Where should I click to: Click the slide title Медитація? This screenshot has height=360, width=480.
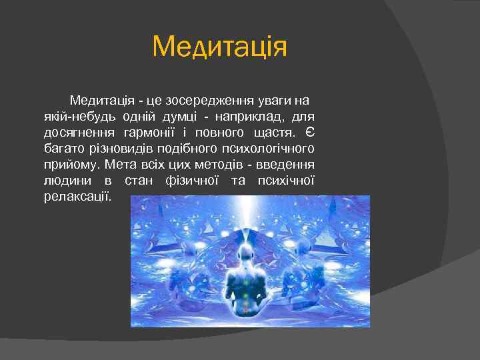tap(219, 47)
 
